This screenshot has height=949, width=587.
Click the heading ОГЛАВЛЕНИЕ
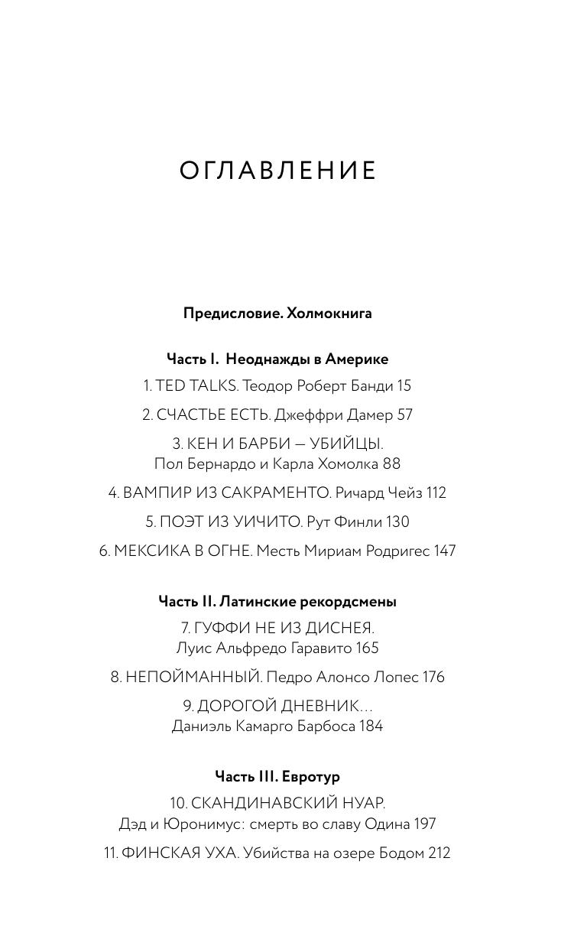tap(278, 171)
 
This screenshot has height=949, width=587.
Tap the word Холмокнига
tap(329, 313)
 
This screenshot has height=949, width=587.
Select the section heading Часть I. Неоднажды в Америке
tap(277, 359)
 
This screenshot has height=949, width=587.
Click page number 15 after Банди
tap(404, 386)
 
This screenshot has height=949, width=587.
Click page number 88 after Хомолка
tap(391, 463)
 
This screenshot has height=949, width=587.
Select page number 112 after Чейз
tap(436, 493)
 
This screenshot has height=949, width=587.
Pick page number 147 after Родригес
tap(443, 551)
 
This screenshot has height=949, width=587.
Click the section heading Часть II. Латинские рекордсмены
tap(277, 602)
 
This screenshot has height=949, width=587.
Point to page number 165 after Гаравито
tap(366, 648)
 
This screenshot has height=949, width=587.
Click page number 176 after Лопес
tap(431, 677)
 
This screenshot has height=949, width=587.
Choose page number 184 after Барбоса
tap(370, 726)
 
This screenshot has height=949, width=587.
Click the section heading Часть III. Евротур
tap(277, 776)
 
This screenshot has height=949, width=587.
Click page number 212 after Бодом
tap(439, 853)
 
